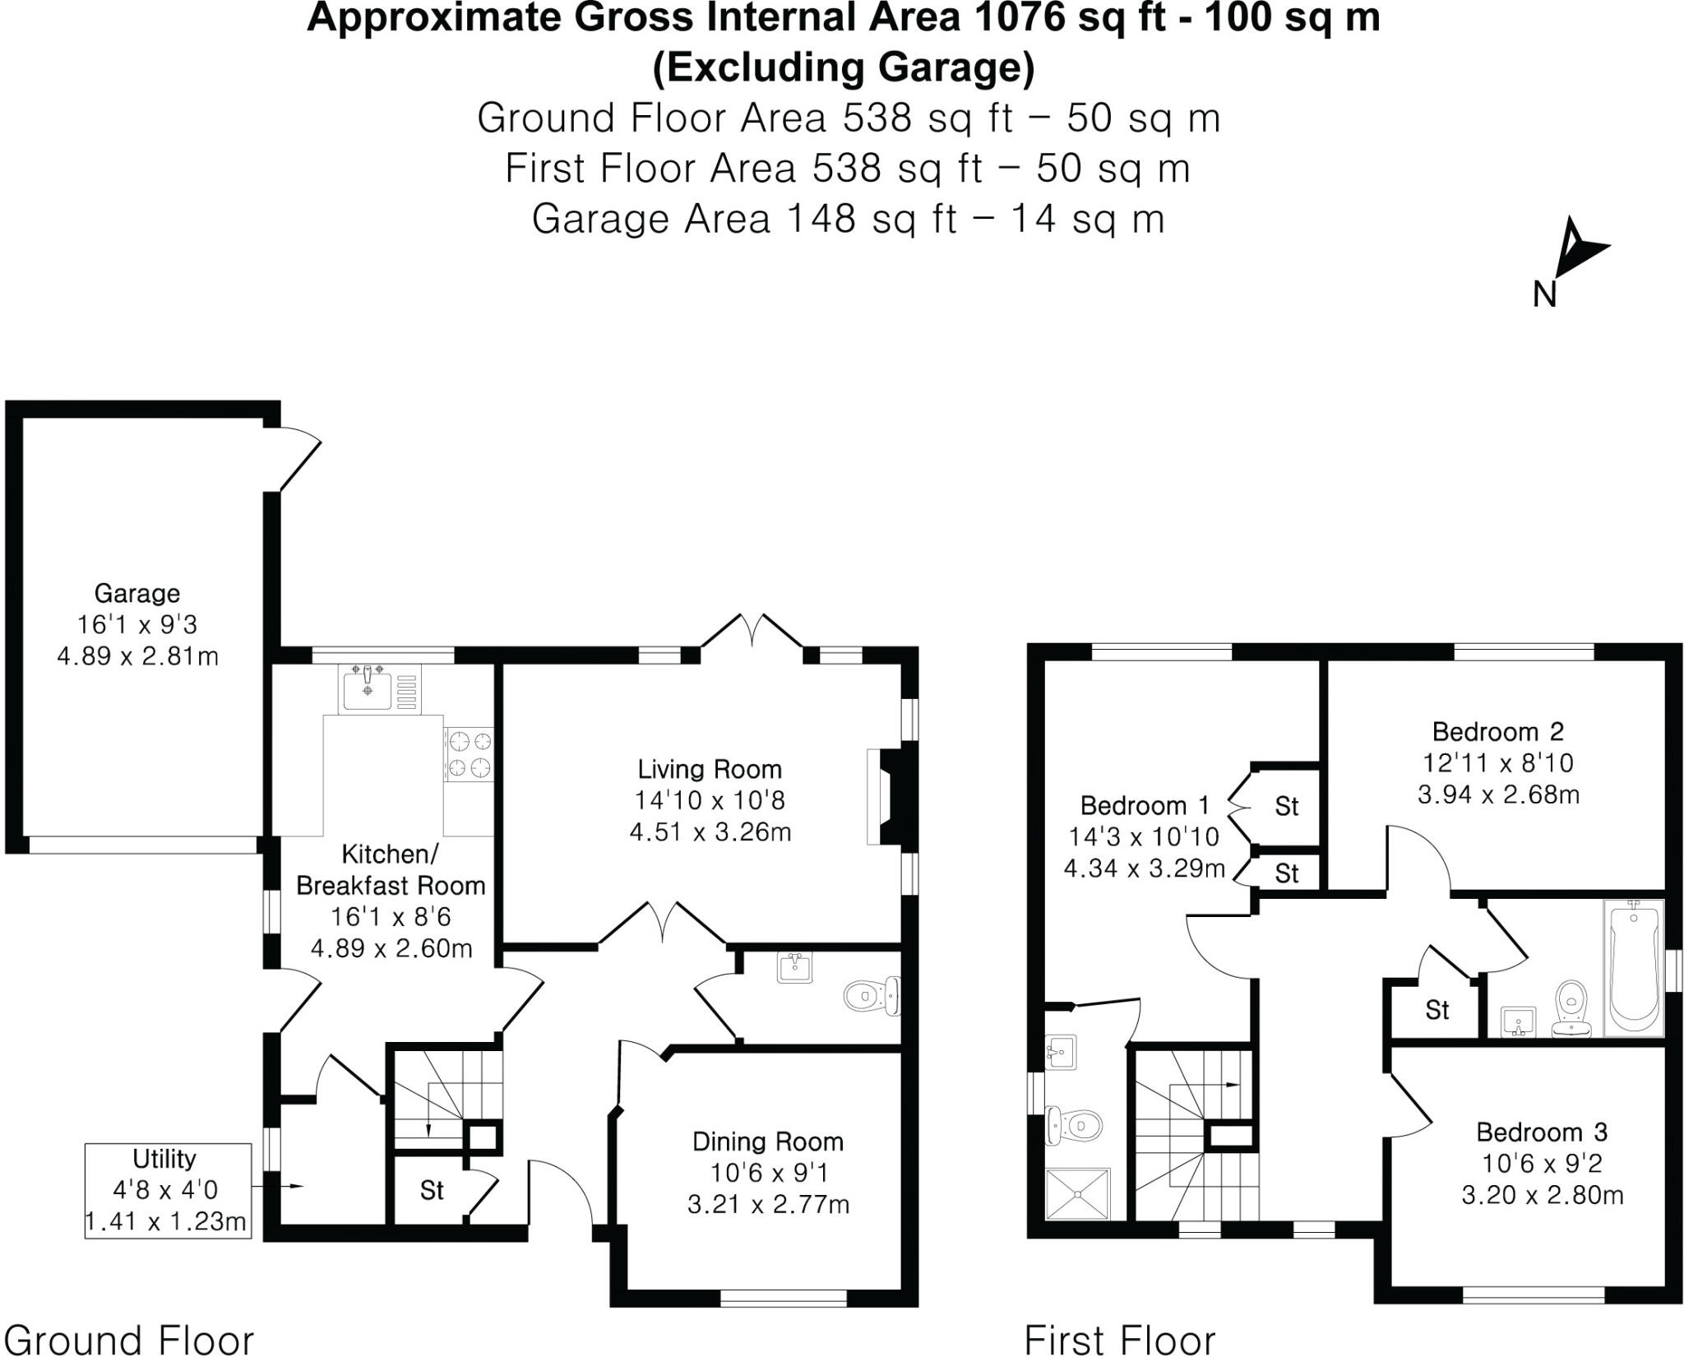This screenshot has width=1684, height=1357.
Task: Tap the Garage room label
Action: pos(136,593)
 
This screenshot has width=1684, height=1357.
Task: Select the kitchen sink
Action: pos(368,689)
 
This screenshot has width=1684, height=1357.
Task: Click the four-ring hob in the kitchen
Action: pos(469,754)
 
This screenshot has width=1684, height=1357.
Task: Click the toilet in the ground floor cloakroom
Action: pos(872,996)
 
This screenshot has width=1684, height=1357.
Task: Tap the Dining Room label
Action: pos(768,1142)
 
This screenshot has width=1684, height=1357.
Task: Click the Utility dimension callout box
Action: pos(167,1190)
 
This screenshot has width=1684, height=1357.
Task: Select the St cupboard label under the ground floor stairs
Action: pos(432,1190)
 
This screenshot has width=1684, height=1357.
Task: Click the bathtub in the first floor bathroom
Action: pos(1635,967)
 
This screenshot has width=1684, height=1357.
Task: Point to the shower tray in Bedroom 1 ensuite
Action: pos(1077,1193)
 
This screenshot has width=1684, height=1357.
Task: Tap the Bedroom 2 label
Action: pos(1497,731)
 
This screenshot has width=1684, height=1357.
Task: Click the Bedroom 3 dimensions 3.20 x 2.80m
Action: pos(1542,1195)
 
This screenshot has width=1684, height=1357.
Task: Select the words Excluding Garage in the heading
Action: pos(843,68)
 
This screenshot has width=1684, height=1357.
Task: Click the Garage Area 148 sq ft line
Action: pos(847,219)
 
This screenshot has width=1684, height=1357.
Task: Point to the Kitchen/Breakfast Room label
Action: pos(391,870)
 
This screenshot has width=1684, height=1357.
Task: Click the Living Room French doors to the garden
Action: pos(752,637)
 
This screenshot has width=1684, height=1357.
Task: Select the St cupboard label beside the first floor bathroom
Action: pos(1436,1009)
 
